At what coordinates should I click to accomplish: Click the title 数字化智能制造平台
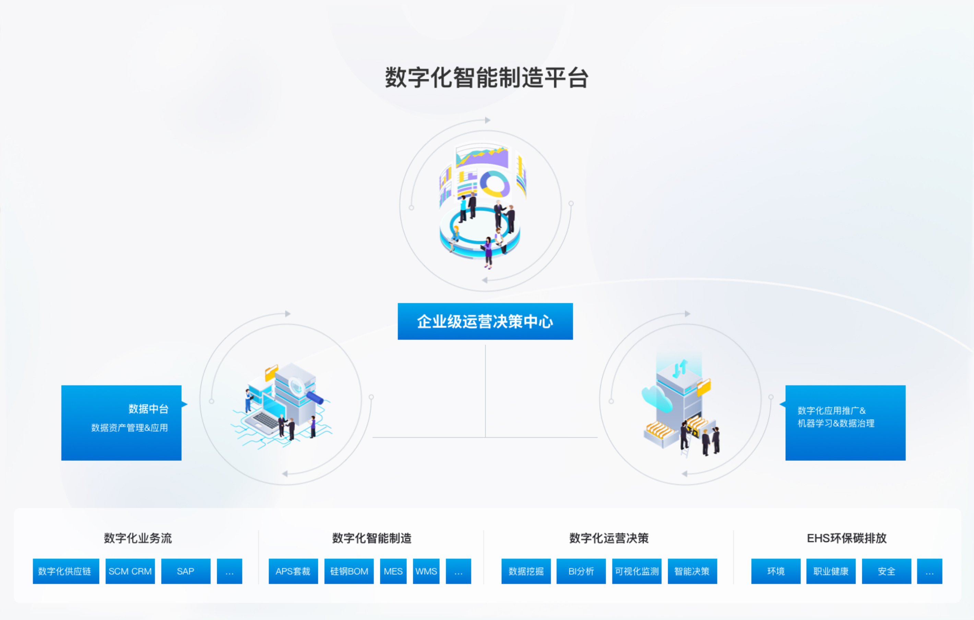pyautogui.click(x=487, y=77)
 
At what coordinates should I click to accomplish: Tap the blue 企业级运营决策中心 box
pyautogui.click(x=485, y=321)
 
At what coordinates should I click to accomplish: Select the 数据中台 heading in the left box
pyautogui.click(x=149, y=409)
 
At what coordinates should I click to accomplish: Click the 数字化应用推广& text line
pyautogui.click(x=831, y=410)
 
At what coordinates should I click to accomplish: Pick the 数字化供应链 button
pyautogui.click(x=66, y=571)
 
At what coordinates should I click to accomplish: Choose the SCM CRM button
pyautogui.click(x=130, y=571)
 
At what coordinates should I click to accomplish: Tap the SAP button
pyautogui.click(x=186, y=571)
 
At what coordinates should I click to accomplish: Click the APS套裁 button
pyautogui.click(x=293, y=571)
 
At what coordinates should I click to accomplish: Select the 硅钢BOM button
pyautogui.click(x=349, y=571)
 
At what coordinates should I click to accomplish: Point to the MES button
pyautogui.click(x=393, y=571)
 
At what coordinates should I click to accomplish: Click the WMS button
pyautogui.click(x=426, y=571)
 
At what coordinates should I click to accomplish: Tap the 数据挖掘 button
pyautogui.click(x=526, y=571)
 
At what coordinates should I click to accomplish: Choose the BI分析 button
pyautogui.click(x=581, y=571)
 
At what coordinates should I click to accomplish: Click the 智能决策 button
pyautogui.click(x=692, y=571)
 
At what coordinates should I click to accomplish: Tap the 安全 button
pyautogui.click(x=887, y=571)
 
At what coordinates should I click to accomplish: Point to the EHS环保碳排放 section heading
pyautogui.click(x=846, y=538)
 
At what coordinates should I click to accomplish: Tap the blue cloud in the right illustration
pyautogui.click(x=656, y=398)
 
